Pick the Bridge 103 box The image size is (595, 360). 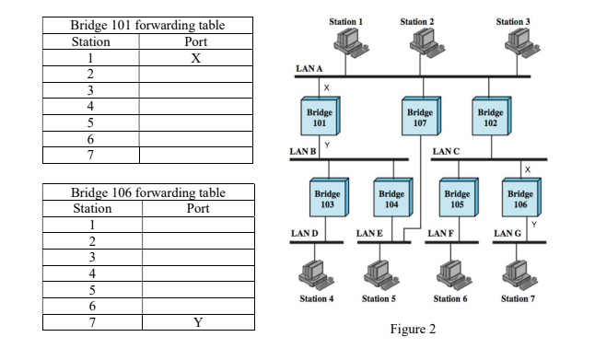(x=327, y=199)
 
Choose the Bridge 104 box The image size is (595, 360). (x=391, y=199)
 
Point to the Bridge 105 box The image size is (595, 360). (x=457, y=199)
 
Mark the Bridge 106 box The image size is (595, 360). (x=520, y=199)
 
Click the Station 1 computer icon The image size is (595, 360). (x=346, y=41)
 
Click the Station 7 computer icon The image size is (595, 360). (x=515, y=273)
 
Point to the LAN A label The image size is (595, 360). (x=309, y=69)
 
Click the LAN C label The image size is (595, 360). (x=446, y=150)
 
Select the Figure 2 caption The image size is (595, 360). (x=413, y=329)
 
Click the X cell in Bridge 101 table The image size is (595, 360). (x=196, y=58)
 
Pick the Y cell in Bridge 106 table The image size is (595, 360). (x=197, y=323)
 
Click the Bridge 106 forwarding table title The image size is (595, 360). (x=147, y=192)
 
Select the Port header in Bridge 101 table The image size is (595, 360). (x=196, y=41)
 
